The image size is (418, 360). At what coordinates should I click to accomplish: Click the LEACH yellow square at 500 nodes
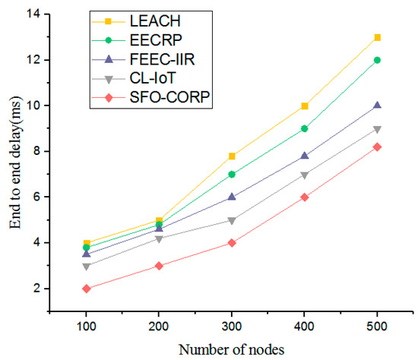tap(377, 37)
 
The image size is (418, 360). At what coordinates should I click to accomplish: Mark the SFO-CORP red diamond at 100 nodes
tap(86, 289)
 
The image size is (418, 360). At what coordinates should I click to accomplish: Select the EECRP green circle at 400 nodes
tap(304, 128)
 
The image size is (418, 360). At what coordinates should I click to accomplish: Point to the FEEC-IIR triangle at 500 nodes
tap(377, 106)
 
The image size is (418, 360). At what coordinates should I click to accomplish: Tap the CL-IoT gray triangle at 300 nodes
tap(232, 220)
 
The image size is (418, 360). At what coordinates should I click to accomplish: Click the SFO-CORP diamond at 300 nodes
tap(232, 243)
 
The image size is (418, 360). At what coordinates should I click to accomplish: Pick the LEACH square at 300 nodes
tap(232, 156)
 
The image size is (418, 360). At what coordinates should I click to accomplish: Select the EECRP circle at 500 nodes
tap(377, 60)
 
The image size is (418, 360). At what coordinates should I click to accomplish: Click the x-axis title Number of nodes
tap(231, 349)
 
